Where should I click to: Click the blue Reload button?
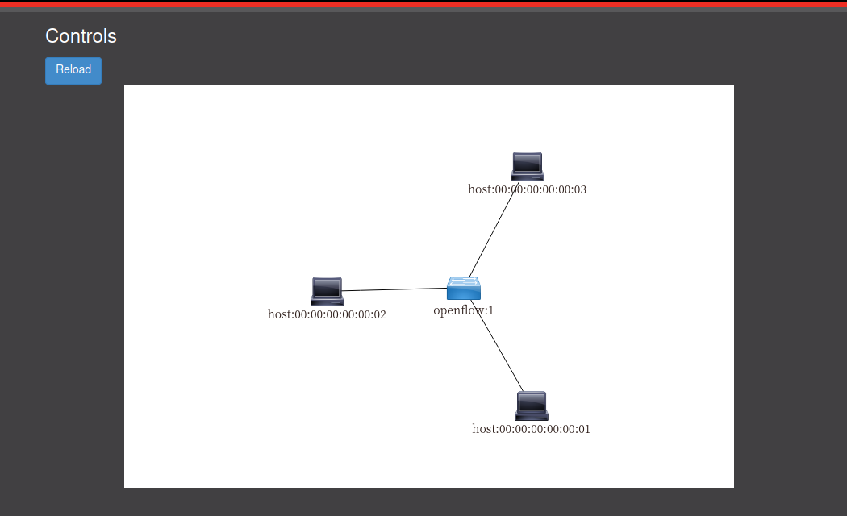pos(73,70)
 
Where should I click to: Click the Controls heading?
pos(81,36)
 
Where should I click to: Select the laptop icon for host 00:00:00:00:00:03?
pos(527,166)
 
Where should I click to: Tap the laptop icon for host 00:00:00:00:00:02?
pos(327,291)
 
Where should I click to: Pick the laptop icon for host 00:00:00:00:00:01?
pos(532,406)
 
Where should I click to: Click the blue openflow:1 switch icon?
pos(464,289)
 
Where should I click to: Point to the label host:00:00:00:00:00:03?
pos(527,190)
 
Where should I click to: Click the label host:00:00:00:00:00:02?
pos(327,314)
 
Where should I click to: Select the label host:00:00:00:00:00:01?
pos(531,429)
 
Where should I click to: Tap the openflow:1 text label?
pos(463,310)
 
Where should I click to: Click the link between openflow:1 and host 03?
pos(492,231)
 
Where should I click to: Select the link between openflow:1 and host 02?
pos(395,289)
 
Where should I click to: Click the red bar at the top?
pos(423,5)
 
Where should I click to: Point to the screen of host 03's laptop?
pos(527,162)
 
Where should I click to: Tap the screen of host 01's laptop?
pos(532,402)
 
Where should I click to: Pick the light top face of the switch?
pos(464,281)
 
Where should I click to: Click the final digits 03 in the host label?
pos(579,190)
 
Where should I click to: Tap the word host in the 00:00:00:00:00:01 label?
pos(484,429)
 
